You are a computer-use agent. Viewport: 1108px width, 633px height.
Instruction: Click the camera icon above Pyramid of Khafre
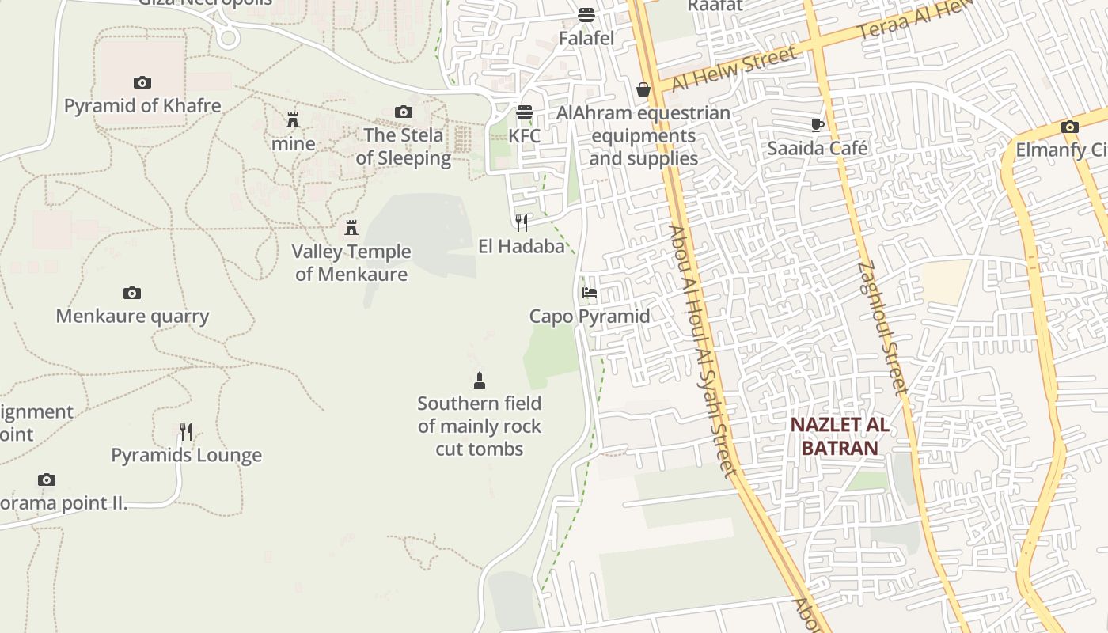[x=142, y=82]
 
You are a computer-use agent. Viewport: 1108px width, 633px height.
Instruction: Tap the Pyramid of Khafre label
[x=142, y=105]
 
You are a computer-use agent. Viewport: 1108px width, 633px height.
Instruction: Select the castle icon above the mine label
[x=293, y=120]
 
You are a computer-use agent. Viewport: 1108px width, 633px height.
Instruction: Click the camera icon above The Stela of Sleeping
[x=404, y=112]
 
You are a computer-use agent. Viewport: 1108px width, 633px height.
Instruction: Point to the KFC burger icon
[x=525, y=112]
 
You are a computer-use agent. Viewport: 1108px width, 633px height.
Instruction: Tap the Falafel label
[x=586, y=38]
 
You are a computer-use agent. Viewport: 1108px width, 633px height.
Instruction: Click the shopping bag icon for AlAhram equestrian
[x=643, y=89]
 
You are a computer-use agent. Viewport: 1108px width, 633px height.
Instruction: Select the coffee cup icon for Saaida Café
[x=818, y=125]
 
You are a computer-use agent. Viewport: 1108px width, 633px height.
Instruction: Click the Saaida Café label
[x=818, y=148]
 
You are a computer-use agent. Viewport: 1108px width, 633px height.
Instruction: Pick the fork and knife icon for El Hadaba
[x=522, y=222]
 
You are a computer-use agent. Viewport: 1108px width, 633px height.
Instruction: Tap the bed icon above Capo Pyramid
[x=590, y=293]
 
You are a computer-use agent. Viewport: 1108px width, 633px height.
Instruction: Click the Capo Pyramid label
[x=590, y=316]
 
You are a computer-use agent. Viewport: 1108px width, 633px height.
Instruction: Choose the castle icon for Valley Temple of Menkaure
[x=351, y=228]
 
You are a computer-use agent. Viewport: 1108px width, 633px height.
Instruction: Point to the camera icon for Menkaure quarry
[x=132, y=293]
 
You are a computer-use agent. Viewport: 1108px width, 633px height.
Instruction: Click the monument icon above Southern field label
[x=479, y=381]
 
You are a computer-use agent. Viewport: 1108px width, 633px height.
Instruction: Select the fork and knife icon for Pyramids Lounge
[x=186, y=432]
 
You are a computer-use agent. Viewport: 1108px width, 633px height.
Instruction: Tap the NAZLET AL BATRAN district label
[x=840, y=436]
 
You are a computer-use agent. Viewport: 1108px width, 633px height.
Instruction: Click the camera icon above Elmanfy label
[x=1069, y=127]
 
